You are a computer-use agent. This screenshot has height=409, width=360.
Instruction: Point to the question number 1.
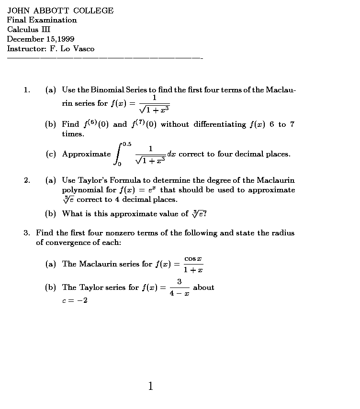pos(26,90)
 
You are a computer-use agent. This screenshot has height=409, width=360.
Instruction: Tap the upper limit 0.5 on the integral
pos(127,144)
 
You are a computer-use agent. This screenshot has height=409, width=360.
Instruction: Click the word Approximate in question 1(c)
pos(86,154)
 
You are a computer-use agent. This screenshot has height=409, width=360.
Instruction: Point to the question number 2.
pos(27,180)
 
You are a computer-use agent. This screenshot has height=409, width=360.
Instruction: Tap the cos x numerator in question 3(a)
pos(193,258)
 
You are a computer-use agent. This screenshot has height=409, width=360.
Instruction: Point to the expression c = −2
pos(75,301)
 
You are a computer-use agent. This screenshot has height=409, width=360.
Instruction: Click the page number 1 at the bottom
pos(151,386)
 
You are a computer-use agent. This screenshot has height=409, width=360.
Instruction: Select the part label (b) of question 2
pos(50,214)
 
